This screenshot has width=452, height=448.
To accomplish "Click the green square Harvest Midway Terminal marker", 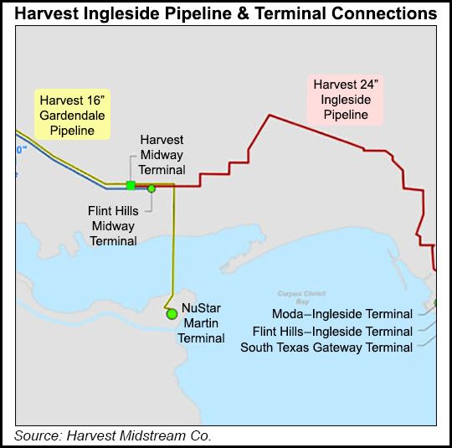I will [x=131, y=185].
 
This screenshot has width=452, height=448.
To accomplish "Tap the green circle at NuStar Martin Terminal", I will [x=172, y=314].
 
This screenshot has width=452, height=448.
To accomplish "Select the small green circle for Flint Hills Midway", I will [x=152, y=188].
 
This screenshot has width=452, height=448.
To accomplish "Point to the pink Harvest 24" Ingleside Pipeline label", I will [x=345, y=100].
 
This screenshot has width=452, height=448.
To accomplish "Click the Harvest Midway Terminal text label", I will [x=162, y=154].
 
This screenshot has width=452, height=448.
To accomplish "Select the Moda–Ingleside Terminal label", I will [x=354, y=314].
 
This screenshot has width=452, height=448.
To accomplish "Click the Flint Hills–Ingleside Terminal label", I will [x=332, y=331].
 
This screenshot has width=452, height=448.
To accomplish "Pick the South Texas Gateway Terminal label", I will [x=326, y=347].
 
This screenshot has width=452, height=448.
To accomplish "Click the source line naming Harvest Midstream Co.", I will [x=113, y=435].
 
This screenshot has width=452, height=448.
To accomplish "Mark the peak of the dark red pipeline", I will [x=268, y=115].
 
